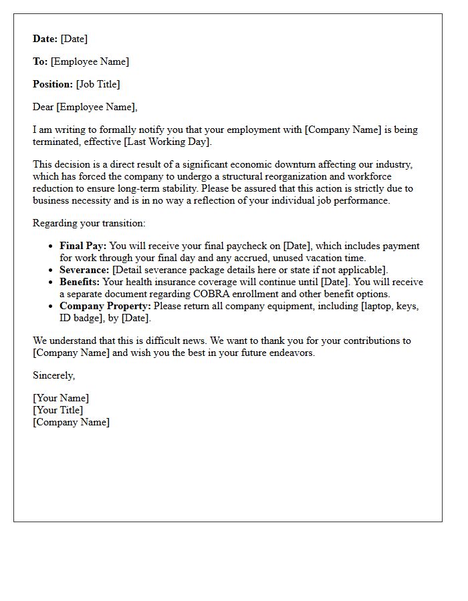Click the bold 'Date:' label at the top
pyautogui.click(x=45, y=39)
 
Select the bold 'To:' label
pyautogui.click(x=40, y=62)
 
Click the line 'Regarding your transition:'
pyautogui.click(x=89, y=224)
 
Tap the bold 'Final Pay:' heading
pyautogui.click(x=83, y=246)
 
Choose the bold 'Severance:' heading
pyautogui.click(x=84, y=270)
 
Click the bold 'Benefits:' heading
pyautogui.click(x=80, y=282)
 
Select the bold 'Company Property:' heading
pyautogui.click(x=105, y=307)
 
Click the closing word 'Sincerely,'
pyautogui.click(x=54, y=376)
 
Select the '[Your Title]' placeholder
pyautogui.click(x=58, y=411)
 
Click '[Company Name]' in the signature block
pyautogui.click(x=71, y=423)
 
